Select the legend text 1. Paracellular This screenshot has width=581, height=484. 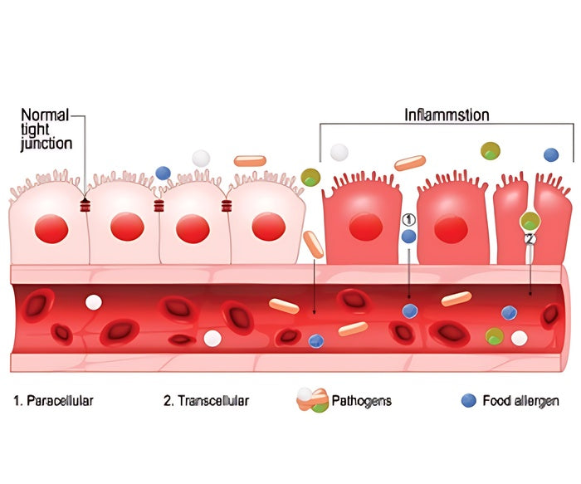[54, 401]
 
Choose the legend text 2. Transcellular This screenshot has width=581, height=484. [206, 401]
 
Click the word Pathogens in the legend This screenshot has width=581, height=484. [362, 401]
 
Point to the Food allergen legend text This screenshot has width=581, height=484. [520, 401]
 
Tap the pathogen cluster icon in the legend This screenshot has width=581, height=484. [312, 400]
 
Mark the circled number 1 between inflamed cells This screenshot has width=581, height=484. [408, 219]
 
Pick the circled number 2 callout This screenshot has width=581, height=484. [530, 238]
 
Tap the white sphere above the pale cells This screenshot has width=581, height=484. [200, 158]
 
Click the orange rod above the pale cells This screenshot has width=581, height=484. [250, 161]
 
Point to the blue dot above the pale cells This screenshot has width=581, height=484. [164, 173]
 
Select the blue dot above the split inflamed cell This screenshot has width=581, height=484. [550, 154]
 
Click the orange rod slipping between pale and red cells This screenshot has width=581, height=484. [313, 244]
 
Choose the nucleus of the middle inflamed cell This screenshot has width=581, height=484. [451, 227]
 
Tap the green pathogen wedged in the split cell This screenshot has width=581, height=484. [530, 221]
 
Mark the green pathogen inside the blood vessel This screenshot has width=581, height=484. [494, 335]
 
